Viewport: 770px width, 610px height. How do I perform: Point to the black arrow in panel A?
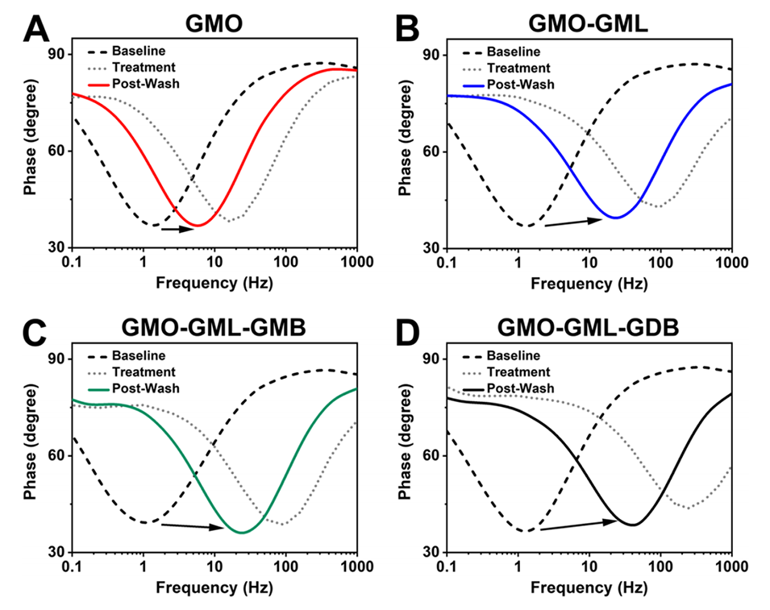[178, 229]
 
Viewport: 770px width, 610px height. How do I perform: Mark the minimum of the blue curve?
[615, 218]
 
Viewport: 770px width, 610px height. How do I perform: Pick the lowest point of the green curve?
[241, 533]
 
